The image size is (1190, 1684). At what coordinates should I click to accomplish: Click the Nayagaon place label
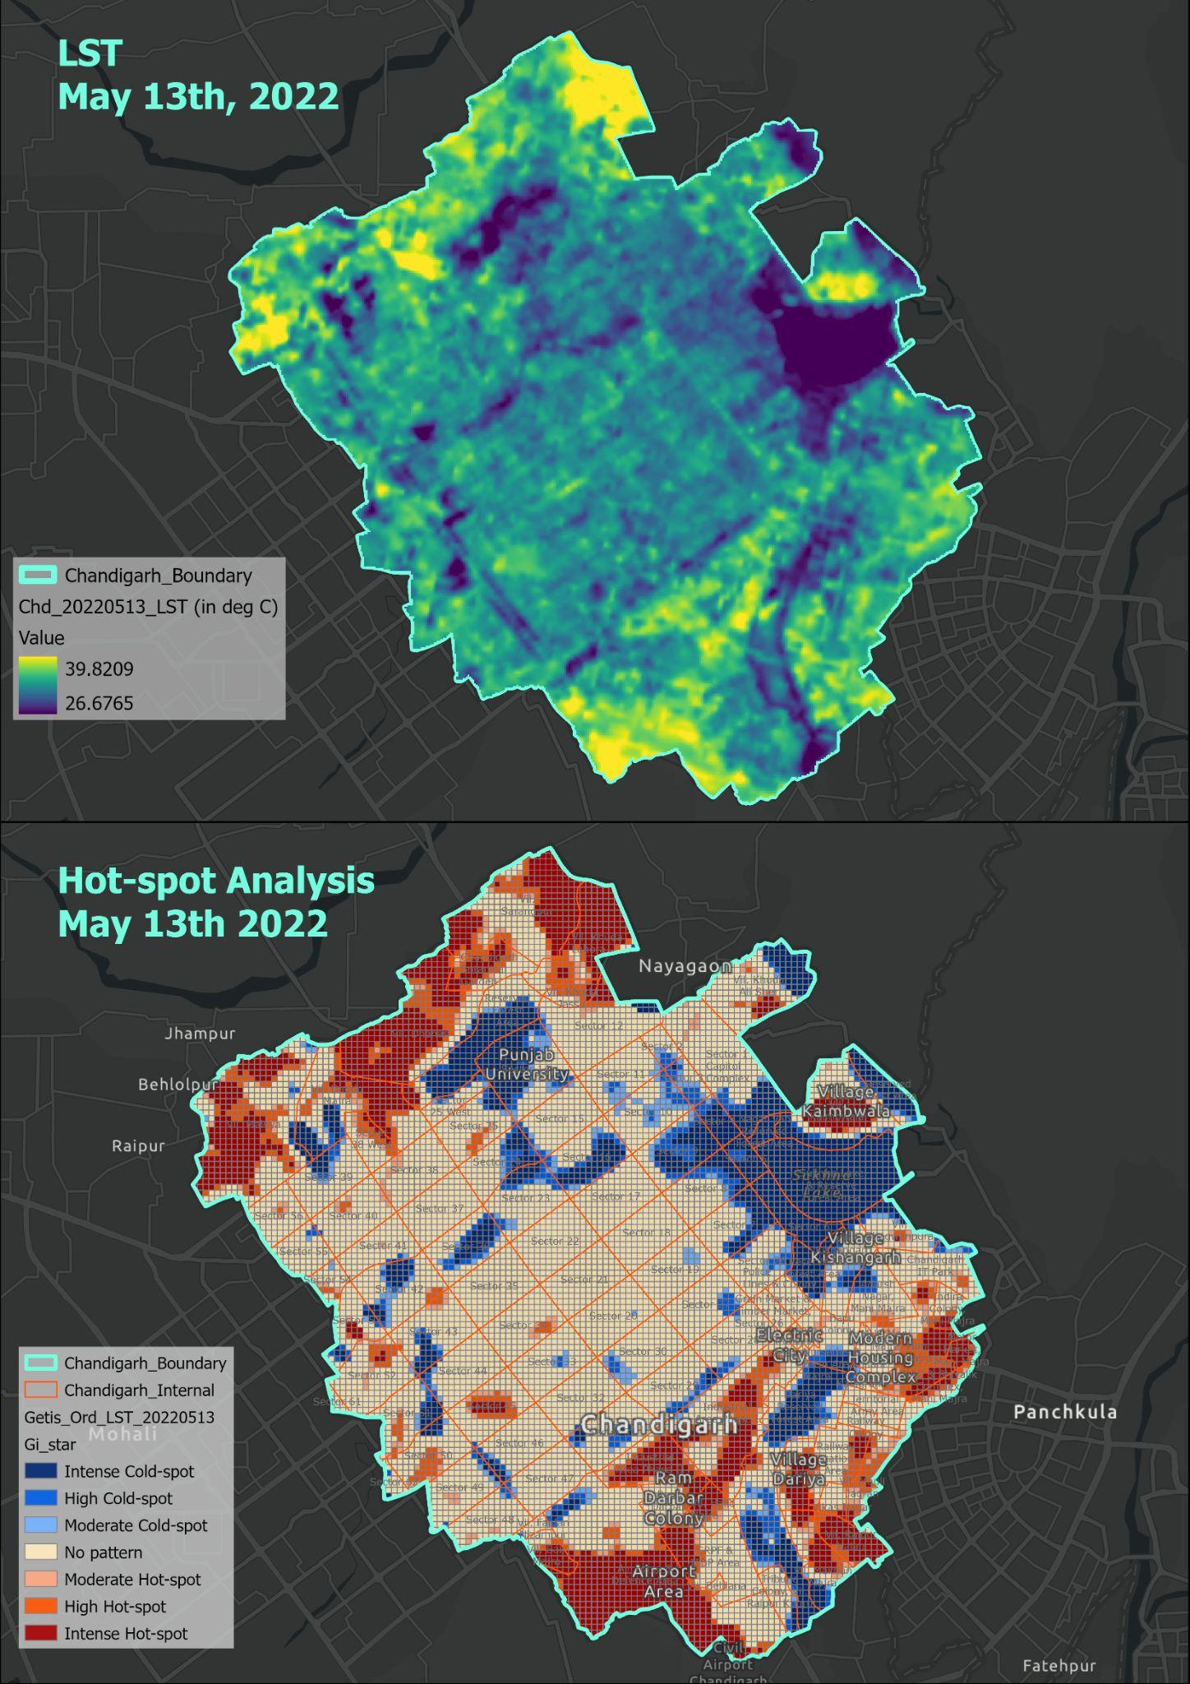pos(685,966)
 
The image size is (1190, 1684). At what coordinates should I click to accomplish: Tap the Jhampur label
pos(200,1034)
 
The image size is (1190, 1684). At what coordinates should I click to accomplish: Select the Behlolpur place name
pos(178,1085)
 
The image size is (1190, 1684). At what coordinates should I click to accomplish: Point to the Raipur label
pos(138,1145)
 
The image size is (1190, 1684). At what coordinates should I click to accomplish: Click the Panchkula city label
pos(1065,1412)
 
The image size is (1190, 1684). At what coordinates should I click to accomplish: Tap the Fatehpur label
pos(1059,1666)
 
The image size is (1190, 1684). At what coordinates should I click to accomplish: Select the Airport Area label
pos(663,1581)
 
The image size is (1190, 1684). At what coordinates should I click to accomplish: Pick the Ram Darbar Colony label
pos(674,1498)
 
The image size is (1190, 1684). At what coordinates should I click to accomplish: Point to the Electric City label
pos(789,1345)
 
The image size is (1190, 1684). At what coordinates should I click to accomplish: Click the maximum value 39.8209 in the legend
pos(99,669)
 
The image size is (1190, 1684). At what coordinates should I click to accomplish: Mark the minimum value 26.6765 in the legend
pos(99,703)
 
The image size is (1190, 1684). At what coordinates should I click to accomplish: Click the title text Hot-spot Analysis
pos(216,881)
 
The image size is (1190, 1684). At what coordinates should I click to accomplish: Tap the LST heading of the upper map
pos(90,53)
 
